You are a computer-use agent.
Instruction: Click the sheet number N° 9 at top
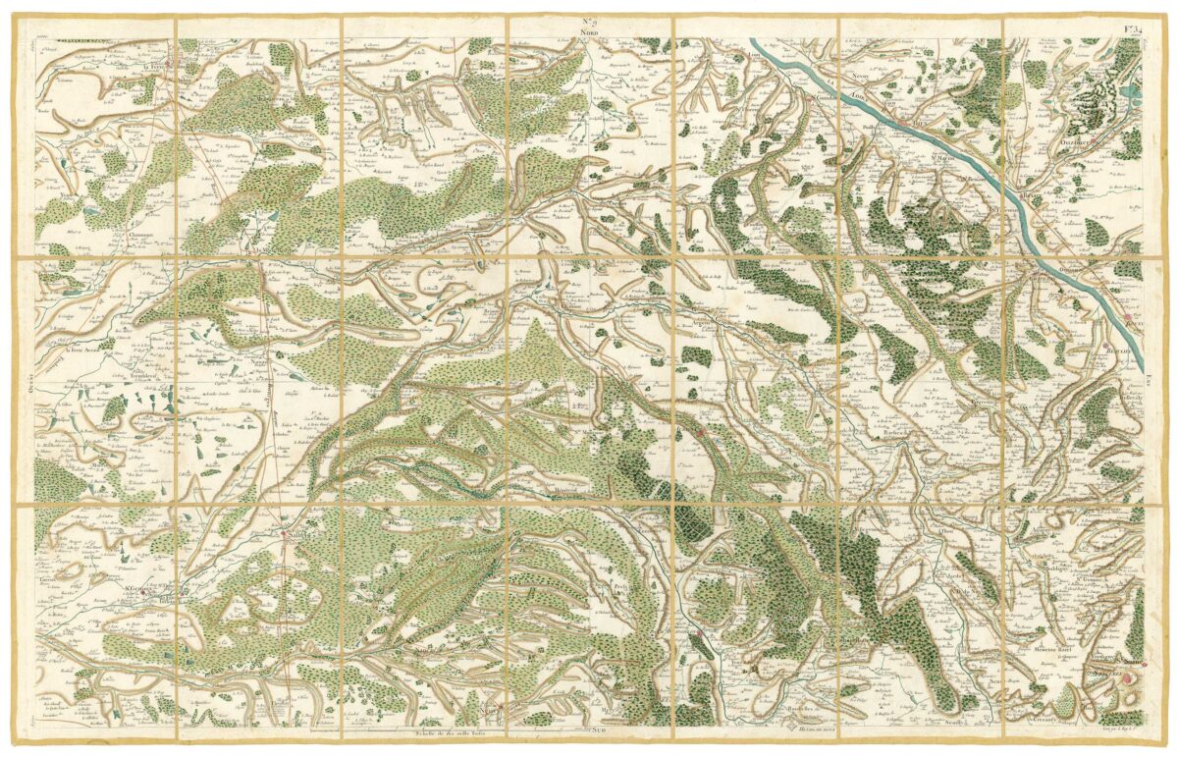click(590, 20)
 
